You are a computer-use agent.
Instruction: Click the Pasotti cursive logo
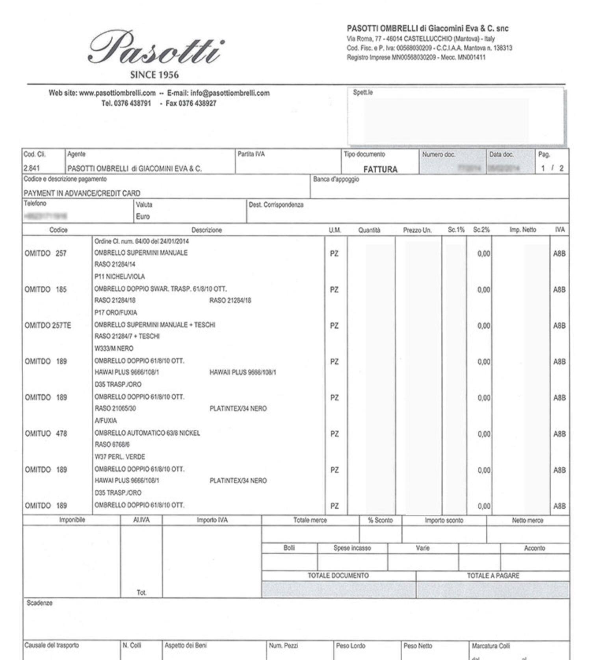point(155,48)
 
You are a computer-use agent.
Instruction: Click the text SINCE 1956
point(154,75)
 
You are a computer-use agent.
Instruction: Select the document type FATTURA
point(380,169)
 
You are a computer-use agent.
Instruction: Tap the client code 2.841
point(32,168)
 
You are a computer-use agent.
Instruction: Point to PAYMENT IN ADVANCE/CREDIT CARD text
point(82,193)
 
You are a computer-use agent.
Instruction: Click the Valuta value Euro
point(143,216)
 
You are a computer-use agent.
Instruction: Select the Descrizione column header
point(206,230)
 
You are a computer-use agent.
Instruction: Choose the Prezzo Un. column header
point(417,230)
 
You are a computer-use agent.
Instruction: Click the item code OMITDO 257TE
point(48,325)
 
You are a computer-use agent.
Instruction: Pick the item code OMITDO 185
point(45,290)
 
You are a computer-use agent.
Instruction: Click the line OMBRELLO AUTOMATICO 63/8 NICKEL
point(147,433)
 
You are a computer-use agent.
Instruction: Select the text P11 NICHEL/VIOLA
point(119,277)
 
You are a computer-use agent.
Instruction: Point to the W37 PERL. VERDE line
point(120,457)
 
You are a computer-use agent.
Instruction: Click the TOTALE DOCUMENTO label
point(338,575)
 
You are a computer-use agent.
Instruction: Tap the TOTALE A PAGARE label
point(493,575)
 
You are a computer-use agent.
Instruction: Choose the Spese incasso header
point(352,548)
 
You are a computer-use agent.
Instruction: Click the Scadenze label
point(39,603)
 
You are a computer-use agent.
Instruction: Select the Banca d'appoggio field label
point(336,179)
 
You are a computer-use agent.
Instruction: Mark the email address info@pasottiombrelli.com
point(230,93)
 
